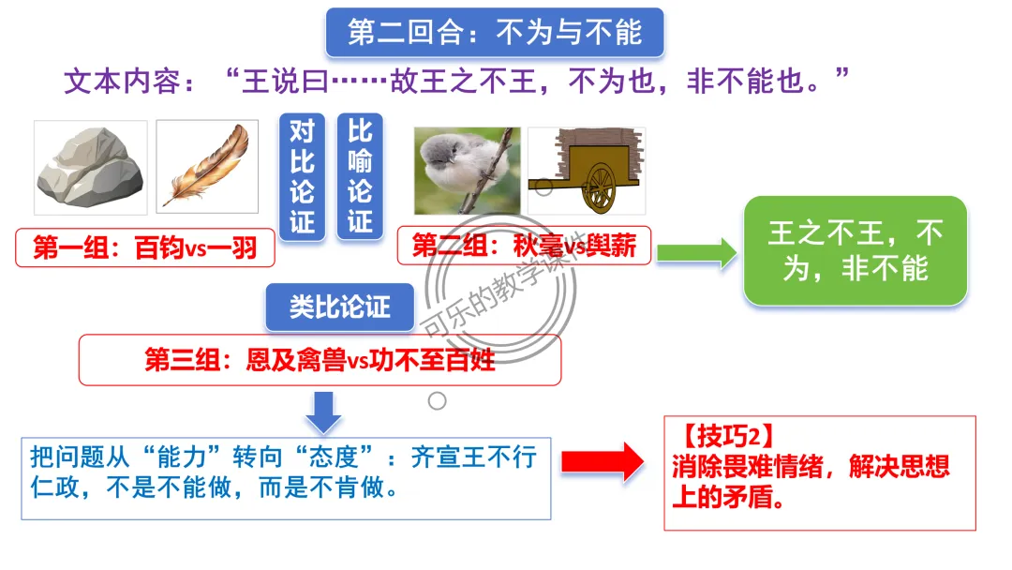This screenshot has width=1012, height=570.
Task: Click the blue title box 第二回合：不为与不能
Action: pos(494,33)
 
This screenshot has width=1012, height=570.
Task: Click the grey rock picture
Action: pos(89,169)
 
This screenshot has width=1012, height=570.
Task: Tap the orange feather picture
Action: pos(207,166)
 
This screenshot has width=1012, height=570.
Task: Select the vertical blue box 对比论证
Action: pos(302,176)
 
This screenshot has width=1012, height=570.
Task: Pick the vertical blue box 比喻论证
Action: pos(360,176)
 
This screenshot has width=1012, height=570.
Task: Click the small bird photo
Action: pos(467,170)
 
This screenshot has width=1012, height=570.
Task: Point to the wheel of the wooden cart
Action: pos(600,187)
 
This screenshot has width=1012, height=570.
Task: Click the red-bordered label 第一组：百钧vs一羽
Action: pos(145,247)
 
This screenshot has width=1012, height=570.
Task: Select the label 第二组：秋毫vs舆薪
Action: pos(524,246)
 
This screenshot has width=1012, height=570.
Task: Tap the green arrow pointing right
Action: pos(697,251)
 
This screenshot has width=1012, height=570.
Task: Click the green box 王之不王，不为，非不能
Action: pos(855,250)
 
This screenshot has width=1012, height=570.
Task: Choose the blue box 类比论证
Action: pos(339,307)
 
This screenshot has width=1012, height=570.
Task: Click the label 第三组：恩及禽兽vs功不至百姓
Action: pos(320,360)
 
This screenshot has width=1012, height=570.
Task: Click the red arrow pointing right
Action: pos(603,460)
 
